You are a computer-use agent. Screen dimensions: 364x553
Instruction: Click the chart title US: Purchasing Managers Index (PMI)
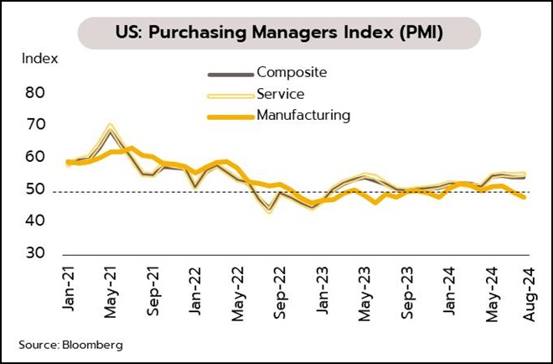click(x=280, y=33)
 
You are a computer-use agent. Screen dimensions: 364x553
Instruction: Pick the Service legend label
click(x=281, y=93)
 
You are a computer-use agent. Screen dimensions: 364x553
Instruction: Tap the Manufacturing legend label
click(x=304, y=115)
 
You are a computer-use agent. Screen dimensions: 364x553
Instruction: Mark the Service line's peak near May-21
click(x=110, y=127)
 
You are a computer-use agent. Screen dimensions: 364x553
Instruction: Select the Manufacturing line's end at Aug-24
click(x=524, y=197)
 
